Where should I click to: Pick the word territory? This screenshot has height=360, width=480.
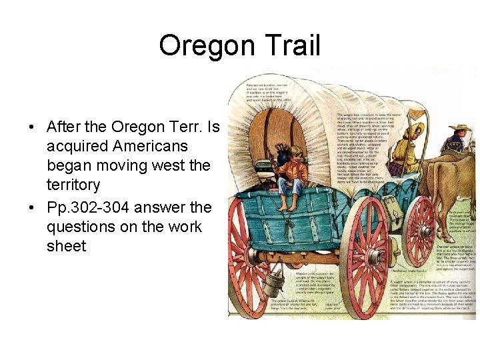[73, 185]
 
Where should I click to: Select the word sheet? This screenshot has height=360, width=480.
[66, 246]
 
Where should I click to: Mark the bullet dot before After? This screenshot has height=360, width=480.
[32, 127]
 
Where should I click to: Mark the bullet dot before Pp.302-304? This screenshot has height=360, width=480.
[32, 207]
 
